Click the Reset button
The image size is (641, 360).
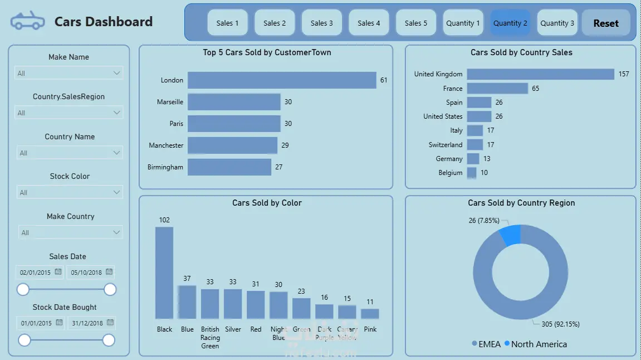pos(606,23)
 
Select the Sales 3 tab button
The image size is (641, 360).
pos(322,23)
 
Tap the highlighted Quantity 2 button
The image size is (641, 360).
pos(510,23)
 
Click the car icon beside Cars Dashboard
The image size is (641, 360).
pos(27,22)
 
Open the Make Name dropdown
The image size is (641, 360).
pos(68,73)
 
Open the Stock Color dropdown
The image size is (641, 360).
pos(70,192)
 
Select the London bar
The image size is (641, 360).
pos(282,80)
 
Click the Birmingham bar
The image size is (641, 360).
pos(229,167)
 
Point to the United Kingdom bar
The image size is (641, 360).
pos(540,74)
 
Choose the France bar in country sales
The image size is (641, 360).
pos(497,89)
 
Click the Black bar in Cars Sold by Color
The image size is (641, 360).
pos(164,273)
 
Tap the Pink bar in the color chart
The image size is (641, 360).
pos(370,313)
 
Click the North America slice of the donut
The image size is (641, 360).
pos(511,235)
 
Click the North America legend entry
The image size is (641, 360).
pos(535,344)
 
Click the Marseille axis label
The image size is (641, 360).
pos(170,102)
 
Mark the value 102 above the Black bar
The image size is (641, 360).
pos(164,220)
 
